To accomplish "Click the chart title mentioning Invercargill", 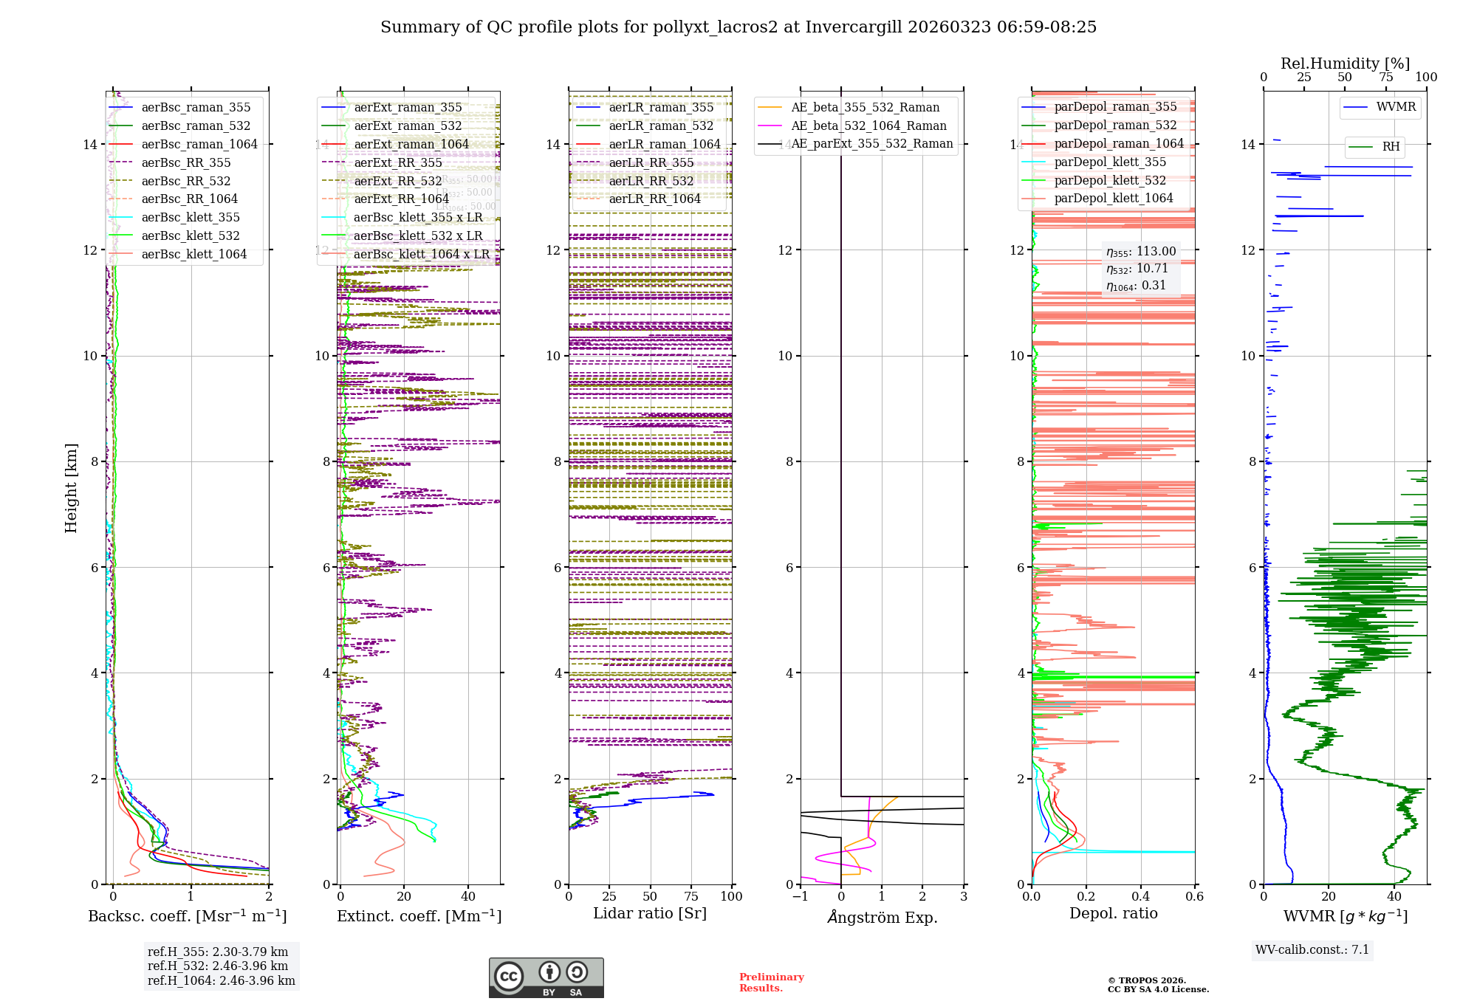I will click(738, 27).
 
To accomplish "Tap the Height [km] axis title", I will click(71, 487).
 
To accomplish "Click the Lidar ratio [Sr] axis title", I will click(650, 913).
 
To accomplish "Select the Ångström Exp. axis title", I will click(883, 917).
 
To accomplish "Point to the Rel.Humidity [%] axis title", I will click(1345, 63).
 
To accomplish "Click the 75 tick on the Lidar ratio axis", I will click(691, 896).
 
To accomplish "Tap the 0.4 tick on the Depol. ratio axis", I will click(1140, 896).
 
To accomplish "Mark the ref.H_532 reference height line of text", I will click(218, 966).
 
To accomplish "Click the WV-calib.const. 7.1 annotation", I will click(1312, 949).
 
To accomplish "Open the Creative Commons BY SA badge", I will click(546, 977).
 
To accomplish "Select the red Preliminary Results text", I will click(771, 982).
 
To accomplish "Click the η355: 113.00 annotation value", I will click(1141, 252).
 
